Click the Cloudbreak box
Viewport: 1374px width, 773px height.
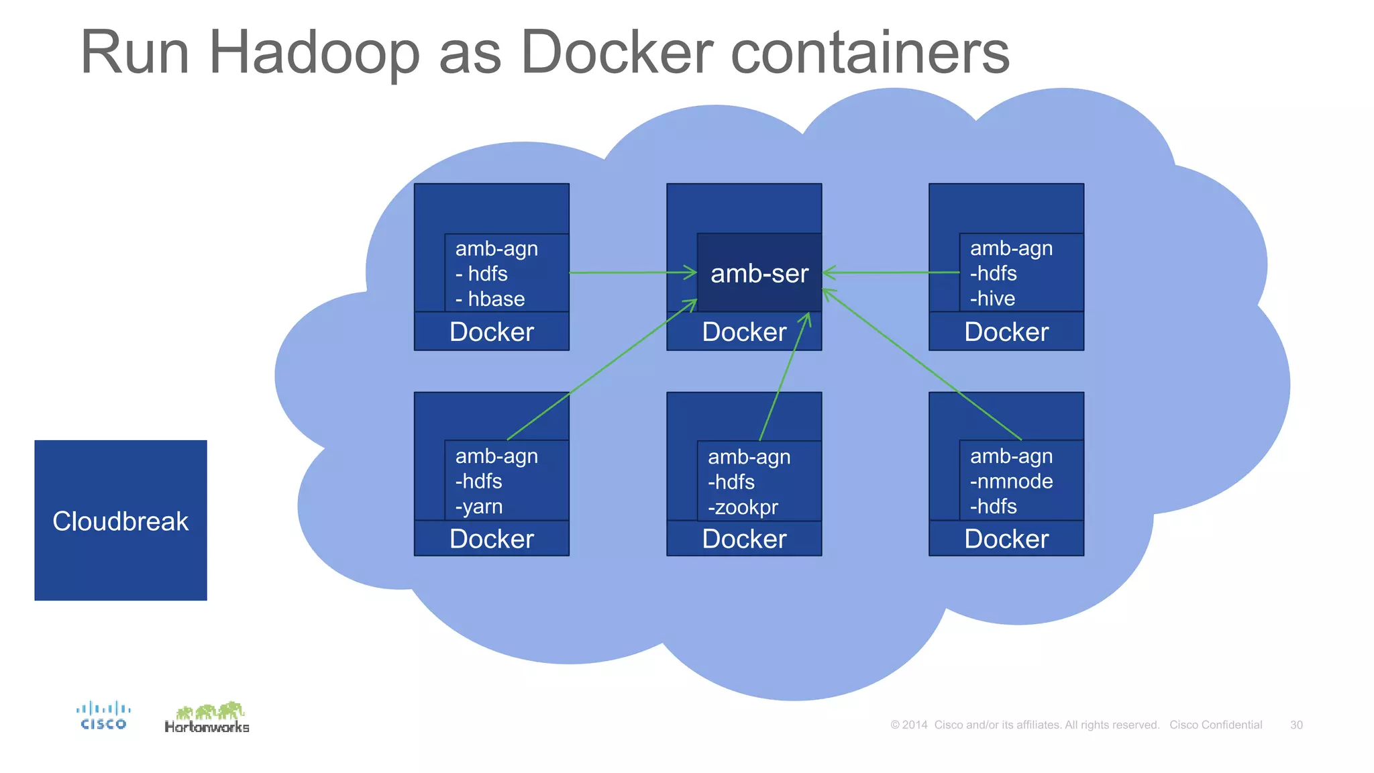click(x=121, y=520)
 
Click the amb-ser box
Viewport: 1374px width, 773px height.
click(x=759, y=273)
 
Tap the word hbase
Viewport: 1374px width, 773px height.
click(x=496, y=299)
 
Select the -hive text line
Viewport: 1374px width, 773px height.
click(x=992, y=299)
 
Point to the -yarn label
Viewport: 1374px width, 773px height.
click(x=479, y=507)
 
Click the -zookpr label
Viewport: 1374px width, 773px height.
click(x=743, y=507)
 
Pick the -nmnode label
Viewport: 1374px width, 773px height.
click(x=1011, y=481)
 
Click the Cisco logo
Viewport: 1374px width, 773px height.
click(x=103, y=715)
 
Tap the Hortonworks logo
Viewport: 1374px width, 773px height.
click(x=207, y=718)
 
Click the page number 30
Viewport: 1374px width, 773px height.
click(x=1296, y=725)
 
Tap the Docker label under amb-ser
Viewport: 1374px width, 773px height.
click(x=744, y=332)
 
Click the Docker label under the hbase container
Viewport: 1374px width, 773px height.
click(x=492, y=332)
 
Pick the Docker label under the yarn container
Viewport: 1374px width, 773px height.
click(x=492, y=539)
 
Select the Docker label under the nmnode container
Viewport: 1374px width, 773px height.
click(x=1006, y=539)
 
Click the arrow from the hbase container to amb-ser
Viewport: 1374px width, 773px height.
click(x=631, y=272)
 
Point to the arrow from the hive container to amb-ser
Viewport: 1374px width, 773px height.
click(x=892, y=272)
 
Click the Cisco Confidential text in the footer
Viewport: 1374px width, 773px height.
click(x=1216, y=725)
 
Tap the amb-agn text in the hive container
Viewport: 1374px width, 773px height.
click(x=1011, y=248)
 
